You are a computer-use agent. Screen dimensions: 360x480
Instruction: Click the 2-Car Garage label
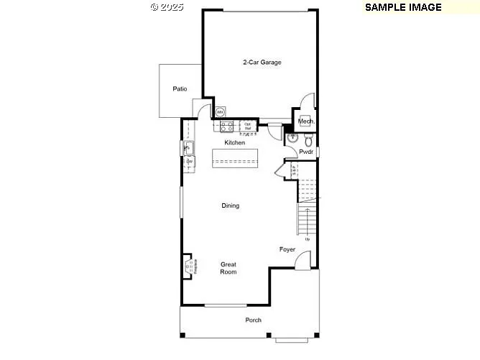pos(261,63)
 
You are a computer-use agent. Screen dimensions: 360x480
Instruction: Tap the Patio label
pos(180,89)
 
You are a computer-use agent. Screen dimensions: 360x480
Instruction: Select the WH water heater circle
pos(221,112)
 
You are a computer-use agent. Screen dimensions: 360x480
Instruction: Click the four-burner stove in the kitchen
pos(227,126)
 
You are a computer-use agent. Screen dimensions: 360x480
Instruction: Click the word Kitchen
pos(235,143)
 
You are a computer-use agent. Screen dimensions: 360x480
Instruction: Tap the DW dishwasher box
pos(190,162)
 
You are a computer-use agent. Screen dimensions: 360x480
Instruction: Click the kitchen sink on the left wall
pos(190,148)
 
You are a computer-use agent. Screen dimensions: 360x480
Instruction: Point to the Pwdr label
pos(307,152)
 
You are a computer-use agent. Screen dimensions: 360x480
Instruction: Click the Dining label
pos(230,206)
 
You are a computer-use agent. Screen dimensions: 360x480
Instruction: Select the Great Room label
pos(229,268)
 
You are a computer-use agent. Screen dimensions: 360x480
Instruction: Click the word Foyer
pos(287,249)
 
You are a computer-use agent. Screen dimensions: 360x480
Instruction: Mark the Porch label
pos(253,320)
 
